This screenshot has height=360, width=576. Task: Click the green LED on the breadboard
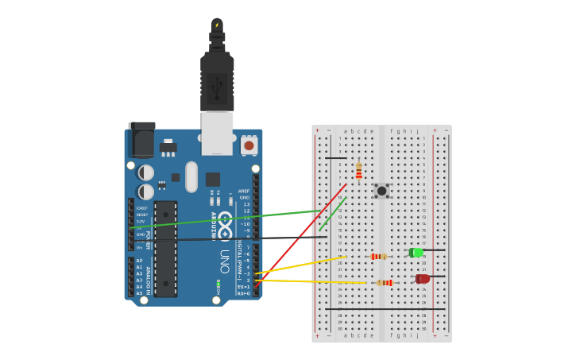(x=416, y=252)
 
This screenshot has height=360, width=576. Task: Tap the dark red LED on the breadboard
(x=422, y=279)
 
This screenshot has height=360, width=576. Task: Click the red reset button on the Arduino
(x=249, y=145)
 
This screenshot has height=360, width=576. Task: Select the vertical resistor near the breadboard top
(x=358, y=170)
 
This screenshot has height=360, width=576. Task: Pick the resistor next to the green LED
(x=378, y=256)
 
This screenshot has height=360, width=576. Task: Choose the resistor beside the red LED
(x=385, y=282)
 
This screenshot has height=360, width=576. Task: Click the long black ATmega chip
(x=165, y=249)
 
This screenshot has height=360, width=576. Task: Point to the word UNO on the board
(x=224, y=261)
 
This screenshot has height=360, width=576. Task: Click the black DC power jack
(x=141, y=141)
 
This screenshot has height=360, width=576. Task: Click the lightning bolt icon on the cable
(x=217, y=25)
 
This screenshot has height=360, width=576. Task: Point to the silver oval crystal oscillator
(x=191, y=176)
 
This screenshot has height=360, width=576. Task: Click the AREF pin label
(x=244, y=191)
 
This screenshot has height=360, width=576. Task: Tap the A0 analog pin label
(x=139, y=261)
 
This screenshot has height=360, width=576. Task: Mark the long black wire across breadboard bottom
(x=385, y=308)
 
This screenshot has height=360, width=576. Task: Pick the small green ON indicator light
(x=218, y=284)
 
